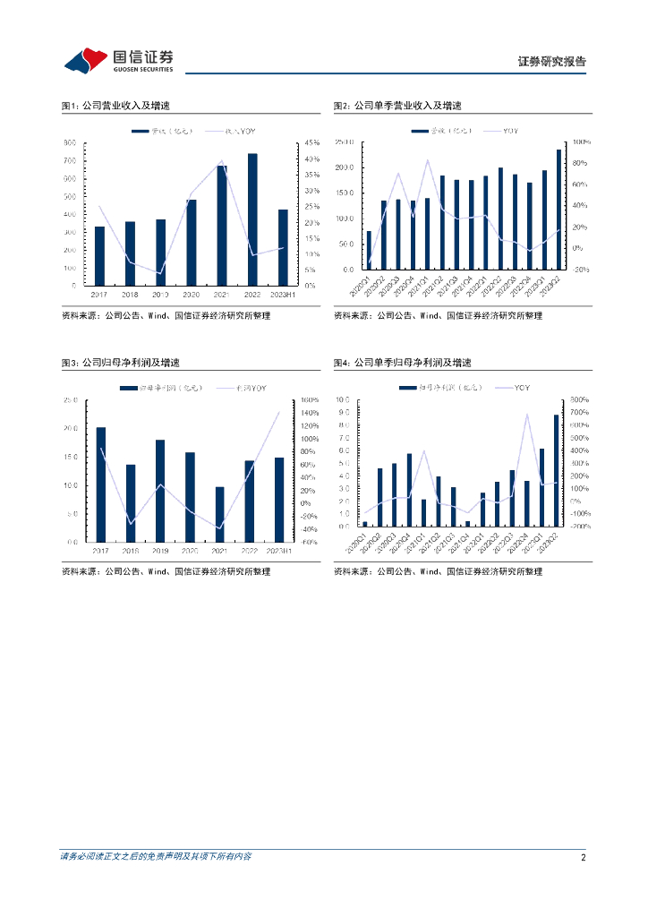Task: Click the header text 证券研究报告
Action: point(552,62)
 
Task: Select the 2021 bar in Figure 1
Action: point(222,226)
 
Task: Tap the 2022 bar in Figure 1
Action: point(252,219)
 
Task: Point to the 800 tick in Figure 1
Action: point(69,143)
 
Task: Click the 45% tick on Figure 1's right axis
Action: point(311,143)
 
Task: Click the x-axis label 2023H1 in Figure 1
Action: point(283,294)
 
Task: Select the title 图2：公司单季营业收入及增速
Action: point(397,106)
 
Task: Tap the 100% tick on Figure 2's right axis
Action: point(579,142)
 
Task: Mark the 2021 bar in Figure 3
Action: point(220,514)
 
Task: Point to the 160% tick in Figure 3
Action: point(310,400)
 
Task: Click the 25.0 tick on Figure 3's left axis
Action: point(69,400)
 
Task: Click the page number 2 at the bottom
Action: point(583,857)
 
